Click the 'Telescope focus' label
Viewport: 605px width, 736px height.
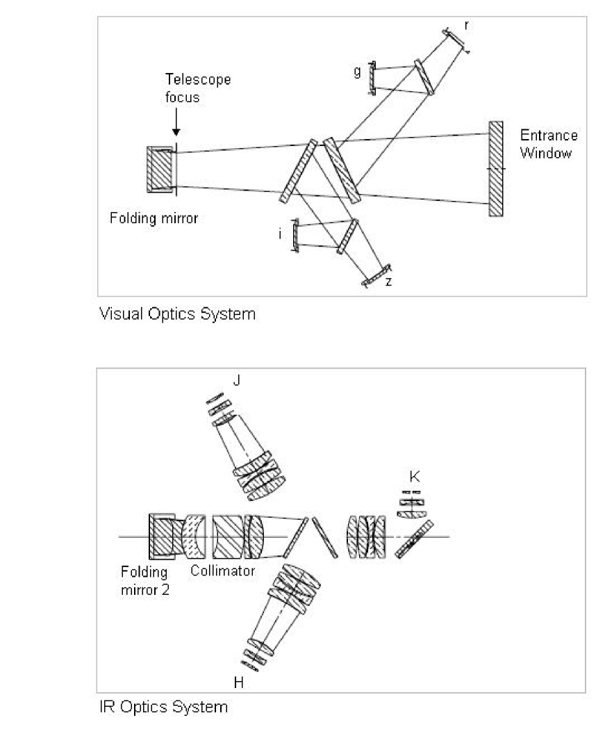197,88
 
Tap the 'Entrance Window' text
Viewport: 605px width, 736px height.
548,145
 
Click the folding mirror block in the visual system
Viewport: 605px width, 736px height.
160,170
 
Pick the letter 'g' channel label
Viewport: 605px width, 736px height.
357,71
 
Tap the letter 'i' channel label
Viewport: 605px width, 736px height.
280,235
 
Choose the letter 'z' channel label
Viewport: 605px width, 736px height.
397,281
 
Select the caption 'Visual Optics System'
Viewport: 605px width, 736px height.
178,314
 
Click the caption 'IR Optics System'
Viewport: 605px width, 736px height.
163,708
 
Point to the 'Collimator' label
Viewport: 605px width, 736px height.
222,571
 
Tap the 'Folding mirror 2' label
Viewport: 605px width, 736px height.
144,580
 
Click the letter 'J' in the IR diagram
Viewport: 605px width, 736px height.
238,380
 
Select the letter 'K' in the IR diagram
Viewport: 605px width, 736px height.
415,477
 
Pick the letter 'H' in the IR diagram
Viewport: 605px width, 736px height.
238,682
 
